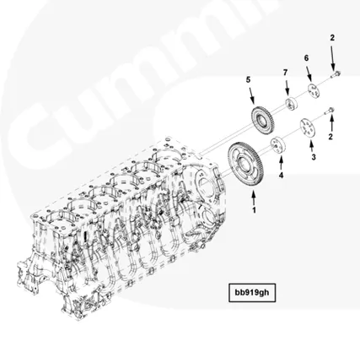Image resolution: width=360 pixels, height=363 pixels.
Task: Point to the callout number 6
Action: point(307,57)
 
